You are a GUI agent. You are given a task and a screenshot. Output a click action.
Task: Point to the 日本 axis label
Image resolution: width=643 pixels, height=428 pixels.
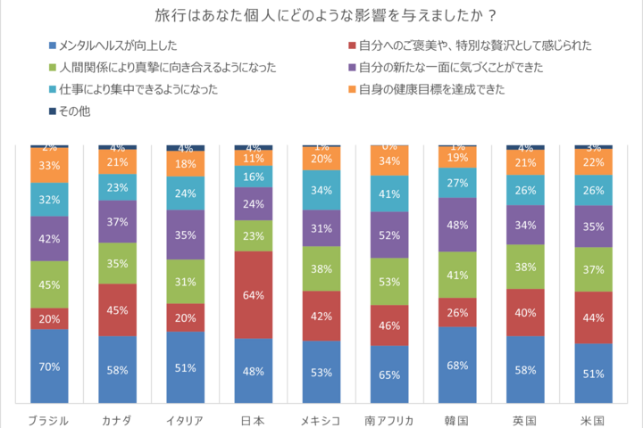[x=253, y=419]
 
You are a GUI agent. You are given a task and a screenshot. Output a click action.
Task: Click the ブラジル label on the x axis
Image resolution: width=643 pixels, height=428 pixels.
[x=49, y=419]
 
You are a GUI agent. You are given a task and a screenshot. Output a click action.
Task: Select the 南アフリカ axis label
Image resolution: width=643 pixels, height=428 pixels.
[x=389, y=419]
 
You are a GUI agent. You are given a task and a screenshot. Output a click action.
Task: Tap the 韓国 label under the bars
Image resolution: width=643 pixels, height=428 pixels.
[x=457, y=419]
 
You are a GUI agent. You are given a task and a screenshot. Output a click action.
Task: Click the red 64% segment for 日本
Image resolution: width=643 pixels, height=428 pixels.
[x=253, y=294]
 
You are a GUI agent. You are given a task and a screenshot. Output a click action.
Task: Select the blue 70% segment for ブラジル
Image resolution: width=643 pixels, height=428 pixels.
[x=49, y=366]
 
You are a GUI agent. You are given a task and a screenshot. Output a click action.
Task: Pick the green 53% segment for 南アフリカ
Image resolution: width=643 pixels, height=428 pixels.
[x=389, y=283]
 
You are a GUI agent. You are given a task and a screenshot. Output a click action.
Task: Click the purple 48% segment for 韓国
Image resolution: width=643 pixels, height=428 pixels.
[x=457, y=225]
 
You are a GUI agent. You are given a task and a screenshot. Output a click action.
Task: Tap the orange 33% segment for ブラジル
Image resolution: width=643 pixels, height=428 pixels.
[x=49, y=165]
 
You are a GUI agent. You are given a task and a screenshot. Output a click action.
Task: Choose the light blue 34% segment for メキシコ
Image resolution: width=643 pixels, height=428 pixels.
[x=321, y=189]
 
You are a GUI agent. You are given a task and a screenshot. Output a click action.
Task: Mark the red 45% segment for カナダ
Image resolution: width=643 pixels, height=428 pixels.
[x=117, y=310]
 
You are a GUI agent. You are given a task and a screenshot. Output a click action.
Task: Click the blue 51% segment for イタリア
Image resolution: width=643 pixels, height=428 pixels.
[x=185, y=368]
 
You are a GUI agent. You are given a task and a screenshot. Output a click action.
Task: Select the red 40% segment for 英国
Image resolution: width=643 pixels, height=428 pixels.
[x=525, y=312]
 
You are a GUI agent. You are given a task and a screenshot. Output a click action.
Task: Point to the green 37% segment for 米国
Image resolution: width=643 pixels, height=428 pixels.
[x=593, y=269]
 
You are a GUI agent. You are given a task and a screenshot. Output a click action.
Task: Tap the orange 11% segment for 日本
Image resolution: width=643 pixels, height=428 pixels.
[x=253, y=158]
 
